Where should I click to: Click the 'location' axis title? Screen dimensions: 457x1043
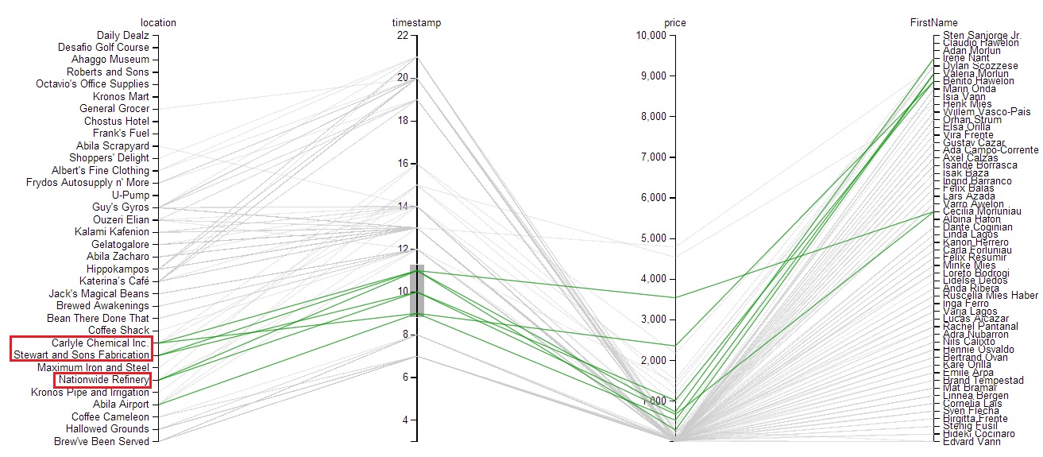coord(158,23)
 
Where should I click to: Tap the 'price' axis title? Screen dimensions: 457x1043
coord(674,23)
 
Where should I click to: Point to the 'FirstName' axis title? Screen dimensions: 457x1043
coord(933,23)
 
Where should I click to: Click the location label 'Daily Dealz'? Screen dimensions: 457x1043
coord(122,35)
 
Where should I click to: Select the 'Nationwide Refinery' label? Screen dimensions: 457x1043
coord(102,380)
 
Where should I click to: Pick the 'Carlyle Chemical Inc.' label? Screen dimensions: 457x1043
coord(100,343)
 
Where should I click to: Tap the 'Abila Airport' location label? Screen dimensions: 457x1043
coord(121,405)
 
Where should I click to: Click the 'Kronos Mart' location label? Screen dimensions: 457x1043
coord(121,96)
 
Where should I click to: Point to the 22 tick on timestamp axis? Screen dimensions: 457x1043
coord(402,36)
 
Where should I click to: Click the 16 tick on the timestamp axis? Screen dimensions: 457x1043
coord(402,164)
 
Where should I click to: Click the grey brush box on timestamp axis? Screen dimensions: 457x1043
coord(417,290)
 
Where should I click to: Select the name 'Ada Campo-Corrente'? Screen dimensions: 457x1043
coord(991,150)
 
